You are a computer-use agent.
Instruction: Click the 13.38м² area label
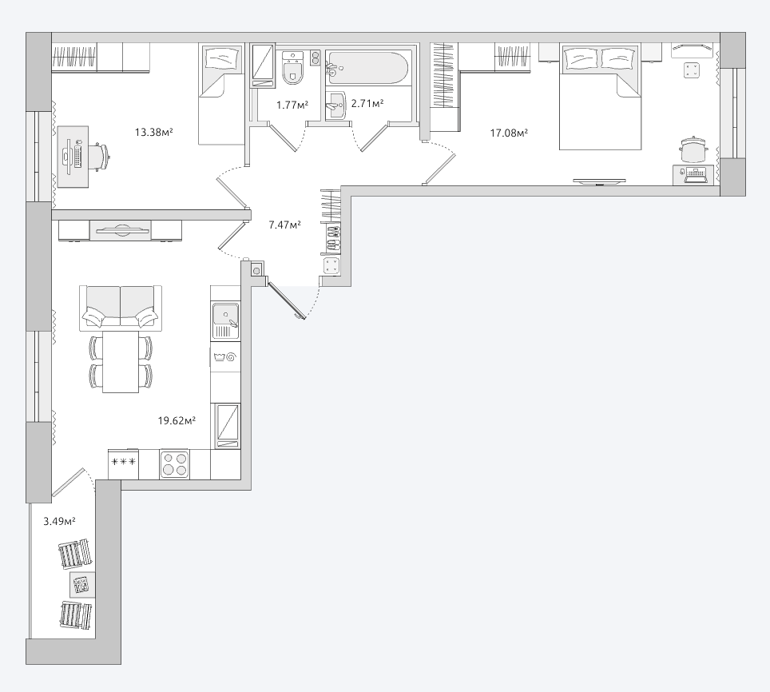click(153, 132)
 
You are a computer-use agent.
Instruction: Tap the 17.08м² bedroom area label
click(509, 133)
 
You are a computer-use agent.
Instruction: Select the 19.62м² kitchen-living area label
click(177, 420)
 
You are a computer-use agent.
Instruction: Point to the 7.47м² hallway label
click(285, 225)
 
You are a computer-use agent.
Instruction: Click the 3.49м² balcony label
click(59, 521)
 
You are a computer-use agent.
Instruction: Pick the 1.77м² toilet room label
click(292, 105)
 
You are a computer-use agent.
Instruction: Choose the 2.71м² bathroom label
click(367, 103)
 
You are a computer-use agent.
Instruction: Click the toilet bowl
click(294, 68)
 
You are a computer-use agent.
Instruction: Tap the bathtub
click(367, 68)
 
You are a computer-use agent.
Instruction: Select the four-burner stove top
click(174, 463)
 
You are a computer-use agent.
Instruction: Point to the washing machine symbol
click(225, 357)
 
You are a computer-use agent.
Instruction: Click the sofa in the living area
click(121, 308)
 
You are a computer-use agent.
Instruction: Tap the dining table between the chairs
click(121, 361)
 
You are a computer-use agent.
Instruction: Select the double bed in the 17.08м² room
click(600, 96)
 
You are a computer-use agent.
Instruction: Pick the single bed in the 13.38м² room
click(221, 93)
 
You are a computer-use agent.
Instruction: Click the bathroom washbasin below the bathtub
click(336, 105)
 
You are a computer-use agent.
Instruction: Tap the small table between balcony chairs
click(82, 584)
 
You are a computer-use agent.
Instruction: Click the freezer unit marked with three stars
click(124, 464)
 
